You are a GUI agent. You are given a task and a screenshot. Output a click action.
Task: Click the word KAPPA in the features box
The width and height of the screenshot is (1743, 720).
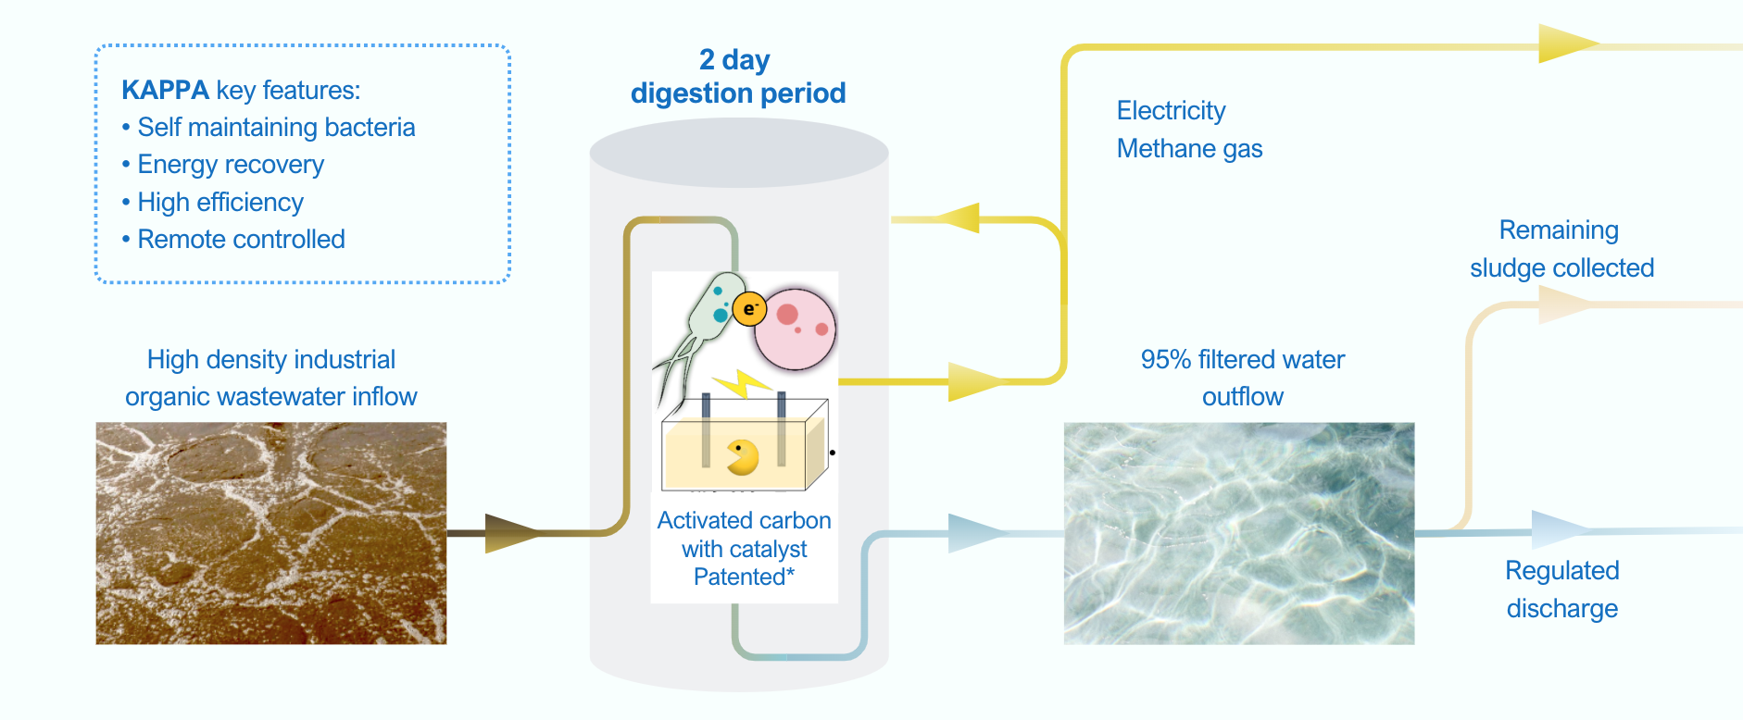pyautogui.click(x=165, y=90)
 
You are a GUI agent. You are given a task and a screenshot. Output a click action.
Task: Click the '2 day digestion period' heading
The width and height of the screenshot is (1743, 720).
pyautogui.click(x=738, y=77)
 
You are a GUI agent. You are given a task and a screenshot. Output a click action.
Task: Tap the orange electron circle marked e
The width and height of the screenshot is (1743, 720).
pyautogui.click(x=749, y=308)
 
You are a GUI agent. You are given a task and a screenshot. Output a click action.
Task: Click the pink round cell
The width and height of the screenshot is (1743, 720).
pyautogui.click(x=795, y=329)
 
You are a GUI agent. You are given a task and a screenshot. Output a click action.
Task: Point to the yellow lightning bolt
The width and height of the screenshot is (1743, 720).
pyautogui.click(x=741, y=383)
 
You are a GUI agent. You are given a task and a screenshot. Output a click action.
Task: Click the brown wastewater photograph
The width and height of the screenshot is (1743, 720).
pyautogui.click(x=271, y=533)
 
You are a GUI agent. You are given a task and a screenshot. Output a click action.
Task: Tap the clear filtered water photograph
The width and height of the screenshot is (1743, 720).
pyautogui.click(x=1239, y=533)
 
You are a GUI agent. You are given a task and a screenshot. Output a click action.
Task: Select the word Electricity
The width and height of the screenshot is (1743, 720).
pyautogui.click(x=1171, y=111)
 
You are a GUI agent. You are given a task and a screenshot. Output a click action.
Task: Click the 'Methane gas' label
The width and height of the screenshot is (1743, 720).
pyautogui.click(x=1189, y=148)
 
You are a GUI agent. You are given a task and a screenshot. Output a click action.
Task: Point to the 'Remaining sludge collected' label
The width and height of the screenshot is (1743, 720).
pyautogui.click(x=1561, y=249)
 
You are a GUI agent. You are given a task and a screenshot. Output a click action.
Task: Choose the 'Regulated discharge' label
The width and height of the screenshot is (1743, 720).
pyautogui.click(x=1562, y=590)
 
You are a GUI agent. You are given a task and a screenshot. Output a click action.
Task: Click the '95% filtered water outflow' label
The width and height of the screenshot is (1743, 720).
pyautogui.click(x=1243, y=378)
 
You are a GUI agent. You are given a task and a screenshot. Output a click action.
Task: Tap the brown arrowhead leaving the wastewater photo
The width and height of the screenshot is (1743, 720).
pyautogui.click(x=512, y=533)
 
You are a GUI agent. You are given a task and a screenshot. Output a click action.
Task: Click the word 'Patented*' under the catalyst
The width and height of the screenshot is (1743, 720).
pyautogui.click(x=744, y=577)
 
